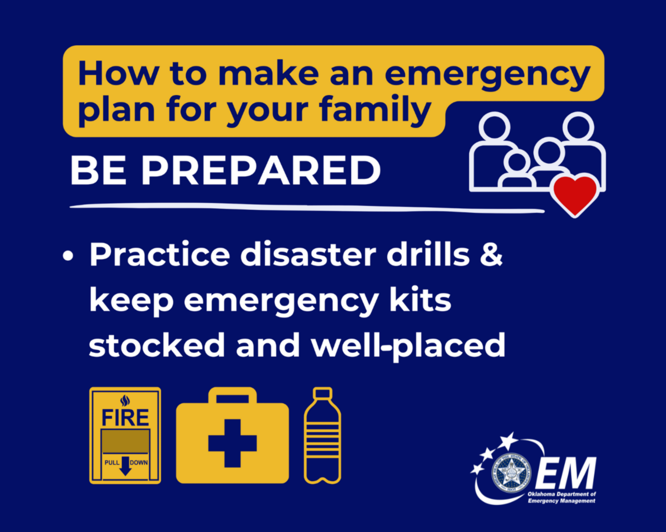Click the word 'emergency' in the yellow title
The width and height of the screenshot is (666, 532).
click(x=487, y=74)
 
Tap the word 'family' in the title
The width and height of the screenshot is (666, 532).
click(x=375, y=110)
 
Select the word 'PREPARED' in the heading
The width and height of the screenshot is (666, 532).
click(x=261, y=170)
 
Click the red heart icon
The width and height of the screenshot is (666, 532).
click(x=574, y=194)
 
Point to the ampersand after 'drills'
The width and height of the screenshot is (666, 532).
click(x=491, y=255)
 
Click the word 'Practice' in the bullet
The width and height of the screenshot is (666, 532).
click(x=159, y=255)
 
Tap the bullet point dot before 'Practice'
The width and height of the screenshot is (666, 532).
click(x=68, y=257)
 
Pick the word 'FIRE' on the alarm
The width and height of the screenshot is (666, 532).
click(x=125, y=418)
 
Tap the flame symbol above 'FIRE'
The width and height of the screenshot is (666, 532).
click(x=125, y=401)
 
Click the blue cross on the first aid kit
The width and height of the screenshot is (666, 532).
click(x=232, y=443)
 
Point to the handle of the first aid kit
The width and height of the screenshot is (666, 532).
click(x=232, y=396)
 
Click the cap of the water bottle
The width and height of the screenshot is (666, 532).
click(x=323, y=393)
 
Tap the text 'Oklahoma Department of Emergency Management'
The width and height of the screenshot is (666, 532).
click(x=561, y=498)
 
